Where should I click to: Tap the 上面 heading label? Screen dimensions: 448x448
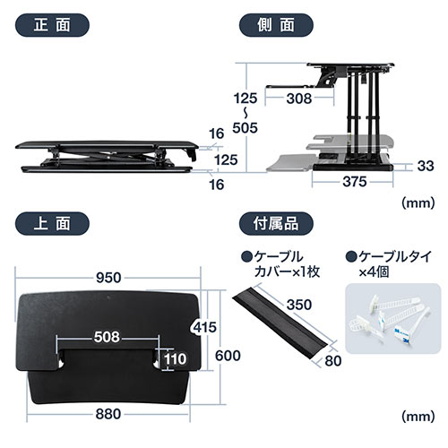click(47, 222)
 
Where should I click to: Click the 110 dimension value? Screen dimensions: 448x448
click(176, 360)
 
